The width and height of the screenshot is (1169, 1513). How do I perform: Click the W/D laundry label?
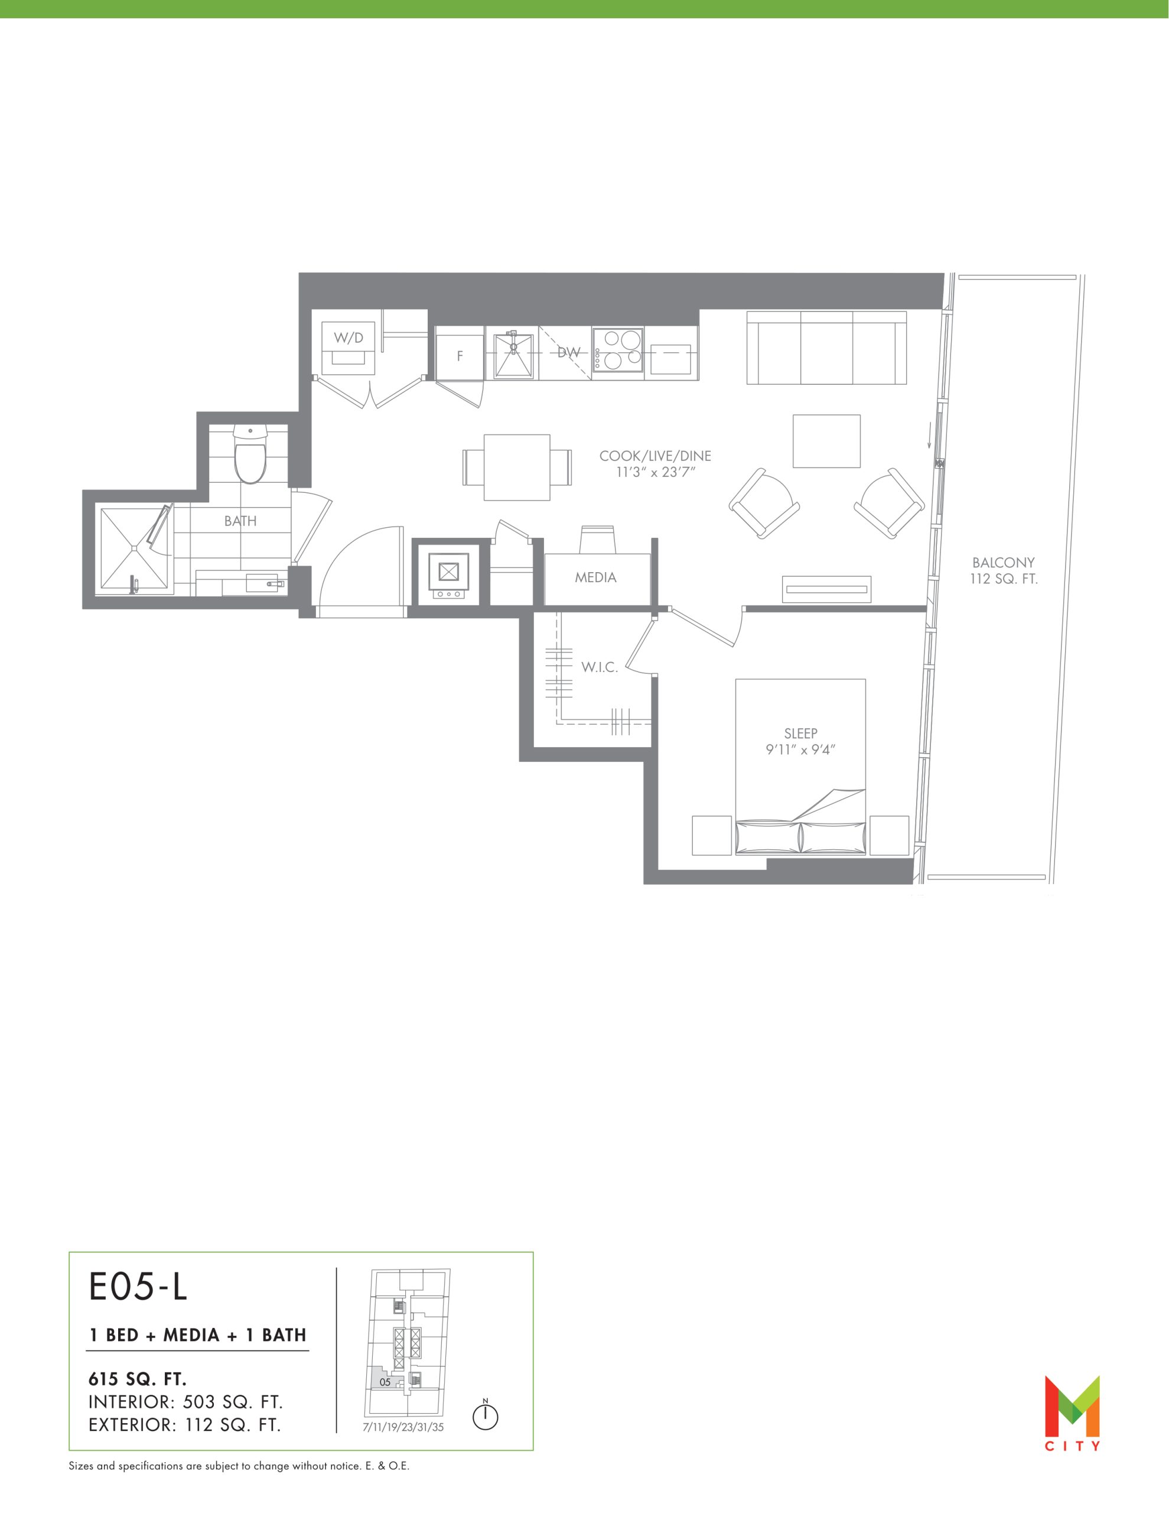[x=349, y=338]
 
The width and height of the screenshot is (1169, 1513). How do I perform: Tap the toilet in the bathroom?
[x=250, y=454]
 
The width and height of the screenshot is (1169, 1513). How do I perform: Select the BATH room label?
[x=240, y=521]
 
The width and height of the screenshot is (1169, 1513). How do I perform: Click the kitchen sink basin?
[x=513, y=355]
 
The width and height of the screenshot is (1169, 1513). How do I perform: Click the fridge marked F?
[x=459, y=356]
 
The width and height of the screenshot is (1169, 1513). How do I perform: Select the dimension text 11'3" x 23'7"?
[x=655, y=472]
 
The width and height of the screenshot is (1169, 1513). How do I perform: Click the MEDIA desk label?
[x=595, y=577]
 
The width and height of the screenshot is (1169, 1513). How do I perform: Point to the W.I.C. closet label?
[x=599, y=667]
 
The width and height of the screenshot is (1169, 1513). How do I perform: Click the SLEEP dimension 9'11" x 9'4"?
[x=800, y=749]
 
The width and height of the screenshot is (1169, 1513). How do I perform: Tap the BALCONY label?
[x=1003, y=563]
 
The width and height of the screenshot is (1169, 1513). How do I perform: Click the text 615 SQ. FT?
[x=138, y=1379]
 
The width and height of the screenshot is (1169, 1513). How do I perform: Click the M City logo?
[x=1072, y=1412]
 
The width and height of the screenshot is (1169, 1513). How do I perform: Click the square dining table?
[x=517, y=467]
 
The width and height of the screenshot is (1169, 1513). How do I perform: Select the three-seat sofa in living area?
[x=827, y=348]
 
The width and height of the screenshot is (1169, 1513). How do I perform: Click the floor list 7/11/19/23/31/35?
[x=403, y=1427]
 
